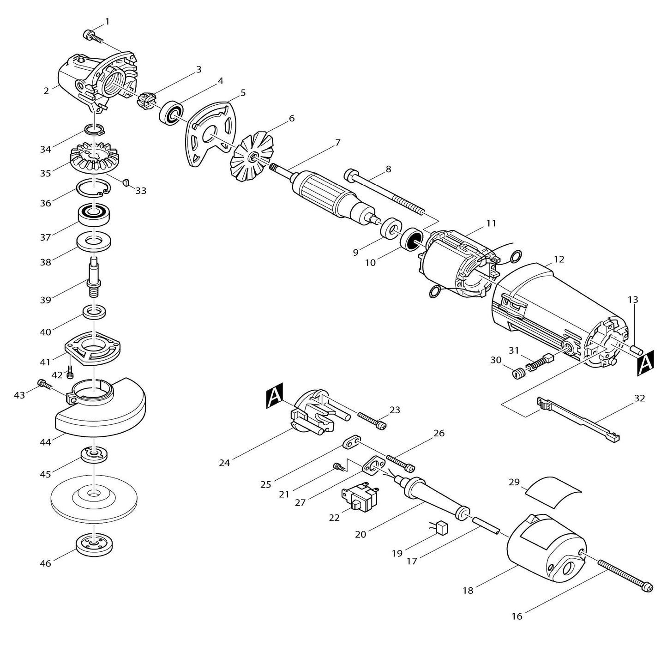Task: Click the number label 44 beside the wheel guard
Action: click(x=45, y=442)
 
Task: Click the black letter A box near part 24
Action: click(x=274, y=398)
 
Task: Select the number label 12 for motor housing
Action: click(x=559, y=260)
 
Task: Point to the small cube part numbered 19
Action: click(x=443, y=526)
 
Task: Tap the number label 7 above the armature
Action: click(x=337, y=143)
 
